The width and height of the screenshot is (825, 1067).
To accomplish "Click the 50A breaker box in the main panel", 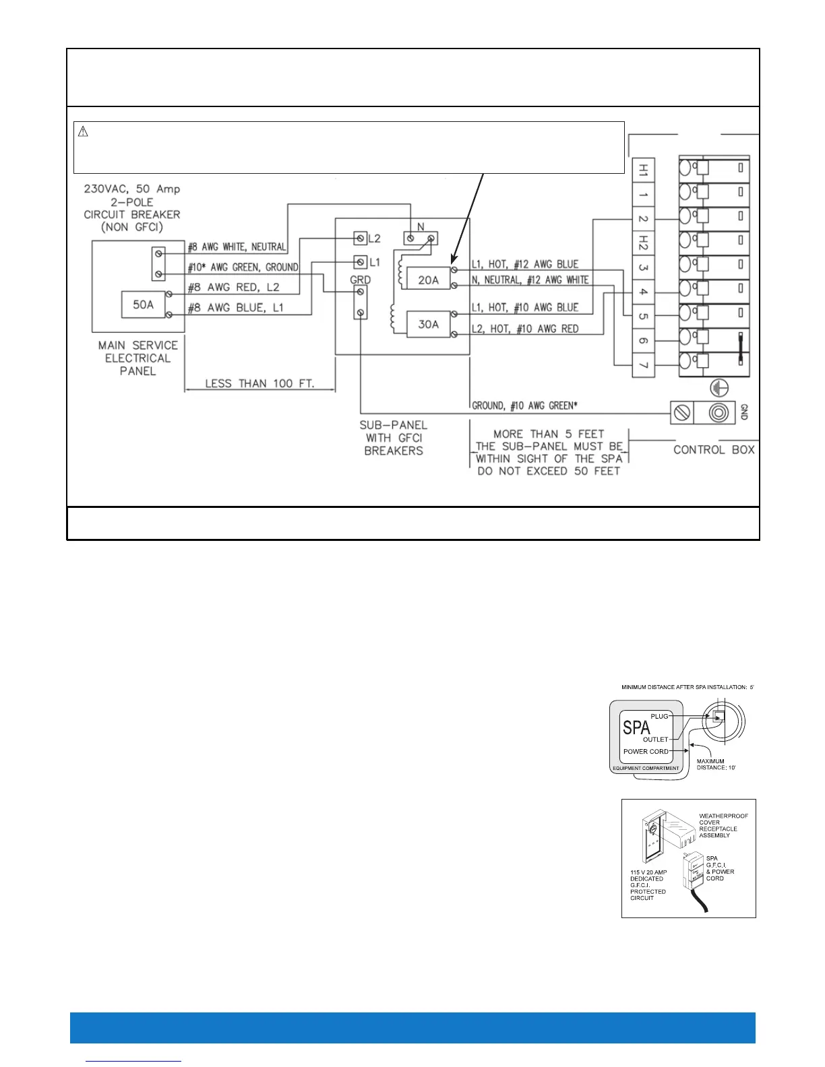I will click(143, 304).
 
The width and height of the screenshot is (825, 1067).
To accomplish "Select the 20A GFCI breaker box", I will click(428, 280).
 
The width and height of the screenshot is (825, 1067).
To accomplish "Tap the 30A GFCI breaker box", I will click(428, 324).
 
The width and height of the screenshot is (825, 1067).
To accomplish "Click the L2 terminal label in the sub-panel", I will click(374, 238).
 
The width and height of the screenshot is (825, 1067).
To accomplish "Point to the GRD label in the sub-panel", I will click(360, 280).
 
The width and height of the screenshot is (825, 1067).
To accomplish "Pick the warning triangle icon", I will click(84, 132).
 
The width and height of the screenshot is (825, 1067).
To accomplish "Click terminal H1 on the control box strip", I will click(643, 170).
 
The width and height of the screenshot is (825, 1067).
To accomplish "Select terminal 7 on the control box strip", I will click(643, 365).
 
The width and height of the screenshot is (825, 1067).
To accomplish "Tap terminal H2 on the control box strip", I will click(643, 243).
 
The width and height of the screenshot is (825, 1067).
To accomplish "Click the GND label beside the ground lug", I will click(743, 412).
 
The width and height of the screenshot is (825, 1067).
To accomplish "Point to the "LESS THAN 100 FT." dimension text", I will click(259, 383).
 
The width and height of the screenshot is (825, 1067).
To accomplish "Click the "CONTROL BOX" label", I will click(714, 450).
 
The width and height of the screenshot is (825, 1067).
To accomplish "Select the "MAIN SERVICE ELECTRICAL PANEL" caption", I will click(137, 358).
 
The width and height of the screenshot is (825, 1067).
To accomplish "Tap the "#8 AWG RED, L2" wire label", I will click(233, 288).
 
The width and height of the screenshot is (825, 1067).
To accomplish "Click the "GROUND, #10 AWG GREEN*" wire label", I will click(524, 406).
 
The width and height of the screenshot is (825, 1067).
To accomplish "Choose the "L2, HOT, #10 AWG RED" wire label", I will click(524, 329).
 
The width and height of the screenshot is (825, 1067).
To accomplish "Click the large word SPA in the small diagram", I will click(636, 727).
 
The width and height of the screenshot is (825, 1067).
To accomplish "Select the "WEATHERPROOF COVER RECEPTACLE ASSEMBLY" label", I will click(723, 825).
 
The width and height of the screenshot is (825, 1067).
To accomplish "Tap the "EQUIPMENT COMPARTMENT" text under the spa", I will click(646, 768).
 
